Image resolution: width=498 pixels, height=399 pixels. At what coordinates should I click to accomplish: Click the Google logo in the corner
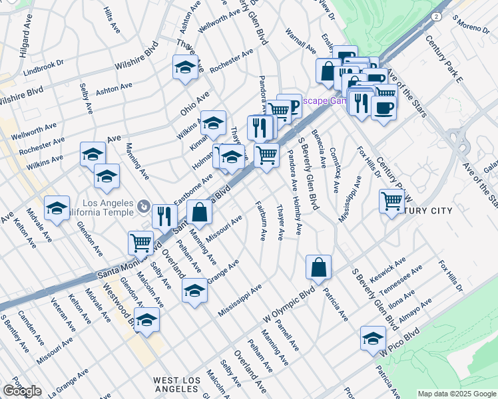click(22, 391)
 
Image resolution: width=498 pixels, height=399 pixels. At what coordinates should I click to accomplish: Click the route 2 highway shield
click(435, 17)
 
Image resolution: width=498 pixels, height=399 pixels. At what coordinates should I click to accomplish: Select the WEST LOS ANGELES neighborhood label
click(176, 385)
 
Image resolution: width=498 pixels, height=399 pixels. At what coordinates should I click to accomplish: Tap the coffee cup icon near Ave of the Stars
click(383, 107)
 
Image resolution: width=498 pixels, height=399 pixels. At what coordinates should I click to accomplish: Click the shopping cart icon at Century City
click(392, 200)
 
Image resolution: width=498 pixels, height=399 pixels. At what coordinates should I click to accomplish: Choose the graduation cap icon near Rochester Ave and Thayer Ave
click(186, 66)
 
